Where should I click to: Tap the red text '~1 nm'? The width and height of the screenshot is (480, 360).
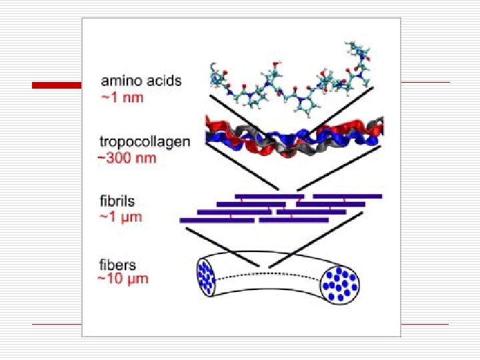pos(122,97)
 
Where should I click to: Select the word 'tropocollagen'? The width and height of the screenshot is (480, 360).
pos(145,141)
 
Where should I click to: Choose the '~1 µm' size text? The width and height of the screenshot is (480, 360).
pos(121,217)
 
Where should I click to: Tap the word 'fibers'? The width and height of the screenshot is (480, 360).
pos(117,265)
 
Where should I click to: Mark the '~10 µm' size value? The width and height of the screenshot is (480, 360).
pos(123,279)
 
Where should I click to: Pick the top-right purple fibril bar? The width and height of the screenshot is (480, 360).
pos(347,196)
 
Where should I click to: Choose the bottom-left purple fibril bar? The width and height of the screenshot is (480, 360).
pos(217,220)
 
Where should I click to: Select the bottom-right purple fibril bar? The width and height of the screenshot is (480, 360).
pos(293,219)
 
